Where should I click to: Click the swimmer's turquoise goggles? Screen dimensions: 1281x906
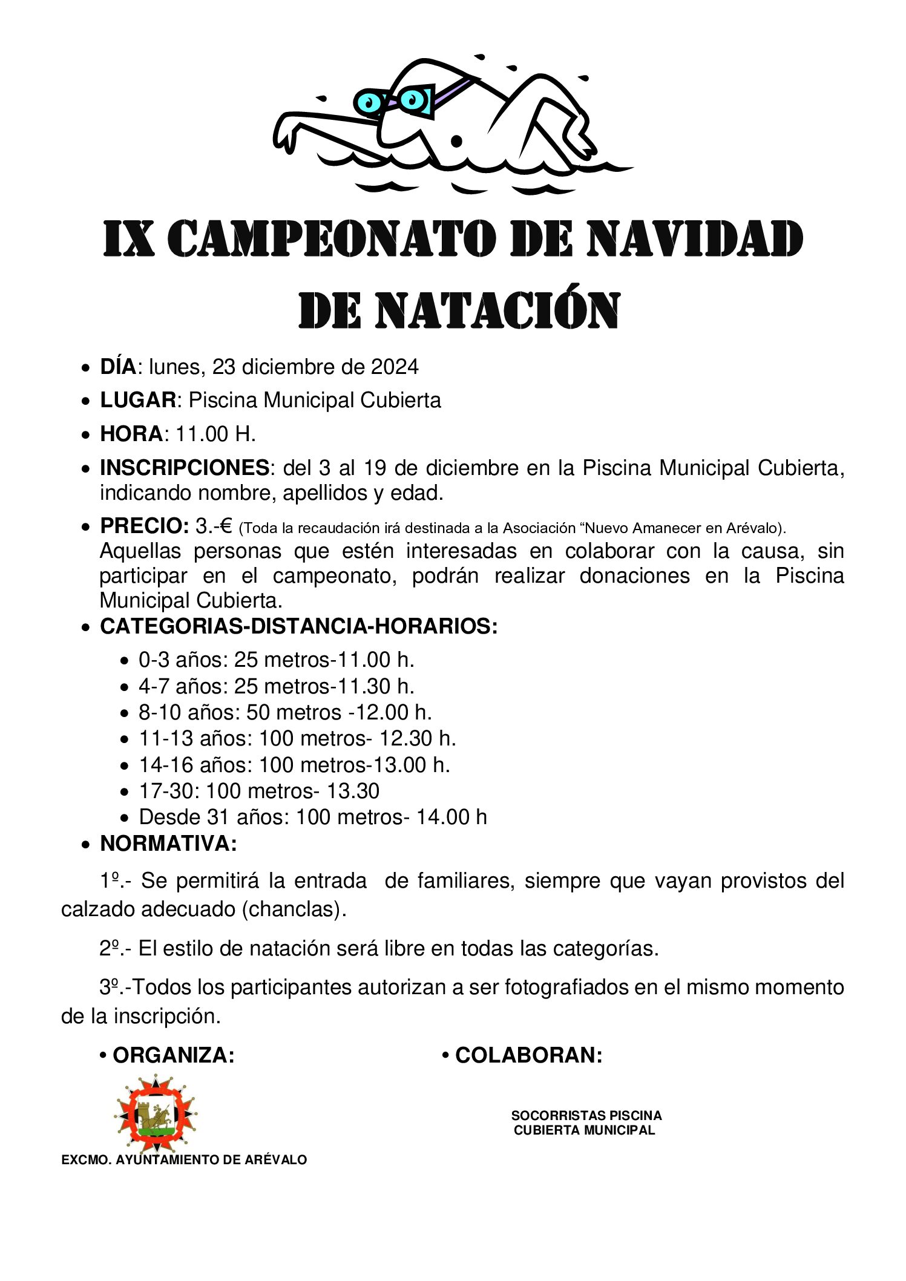pyautogui.click(x=393, y=100)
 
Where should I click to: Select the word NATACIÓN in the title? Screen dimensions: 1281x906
pyautogui.click(x=497, y=311)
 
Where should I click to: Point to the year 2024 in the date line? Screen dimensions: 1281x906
pyautogui.click(x=395, y=367)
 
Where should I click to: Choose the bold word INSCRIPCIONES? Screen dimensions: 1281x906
pyautogui.click(x=185, y=468)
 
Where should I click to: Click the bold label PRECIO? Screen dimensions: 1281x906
pyautogui.click(x=145, y=526)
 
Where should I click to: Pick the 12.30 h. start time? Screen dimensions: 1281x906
pyautogui.click(x=417, y=738)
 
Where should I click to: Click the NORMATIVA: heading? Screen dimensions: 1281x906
pyautogui.click(x=168, y=844)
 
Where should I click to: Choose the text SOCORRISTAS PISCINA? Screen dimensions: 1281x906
pyautogui.click(x=586, y=1115)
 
